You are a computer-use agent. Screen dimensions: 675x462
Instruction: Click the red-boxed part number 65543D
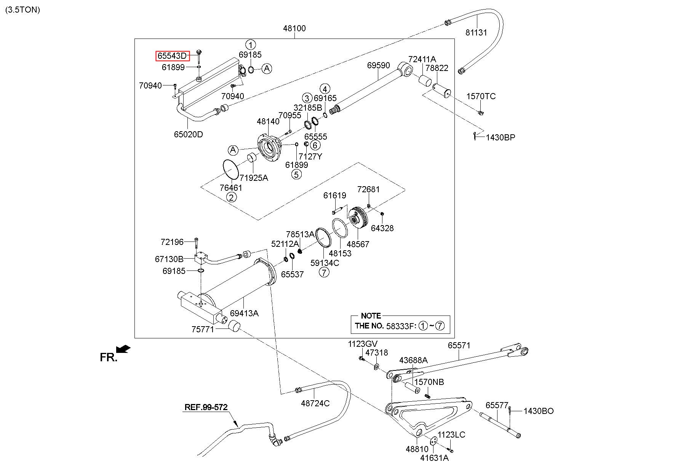[x=172, y=56]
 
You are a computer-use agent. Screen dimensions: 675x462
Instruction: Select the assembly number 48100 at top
[x=294, y=28]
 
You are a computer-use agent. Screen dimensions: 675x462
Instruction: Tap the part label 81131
[x=476, y=32]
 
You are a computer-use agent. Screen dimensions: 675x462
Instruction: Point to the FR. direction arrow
[x=123, y=349]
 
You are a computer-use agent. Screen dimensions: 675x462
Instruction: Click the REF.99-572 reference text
[x=206, y=407]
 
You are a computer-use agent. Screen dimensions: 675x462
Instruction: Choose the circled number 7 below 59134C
[x=324, y=272]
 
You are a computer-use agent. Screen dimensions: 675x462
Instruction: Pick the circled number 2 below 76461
[x=231, y=197]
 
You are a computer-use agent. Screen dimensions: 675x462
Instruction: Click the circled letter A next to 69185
[x=267, y=69]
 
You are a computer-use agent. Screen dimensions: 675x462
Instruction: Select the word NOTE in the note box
[x=371, y=316]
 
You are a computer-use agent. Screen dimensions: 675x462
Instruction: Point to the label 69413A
[x=244, y=313]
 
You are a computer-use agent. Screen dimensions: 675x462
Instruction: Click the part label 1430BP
[x=500, y=137]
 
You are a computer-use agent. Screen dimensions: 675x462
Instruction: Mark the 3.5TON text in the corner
[x=22, y=10]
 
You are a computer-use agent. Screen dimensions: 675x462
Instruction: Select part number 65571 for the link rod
[x=459, y=345]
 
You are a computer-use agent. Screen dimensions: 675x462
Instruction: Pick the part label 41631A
[x=435, y=458]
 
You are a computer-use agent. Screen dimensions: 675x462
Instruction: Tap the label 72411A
[x=422, y=59]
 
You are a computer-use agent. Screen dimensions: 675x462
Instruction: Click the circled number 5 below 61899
[x=296, y=174]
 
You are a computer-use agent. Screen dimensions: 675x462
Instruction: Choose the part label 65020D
[x=189, y=134]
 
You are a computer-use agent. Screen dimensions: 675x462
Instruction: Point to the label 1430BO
[x=539, y=411]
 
